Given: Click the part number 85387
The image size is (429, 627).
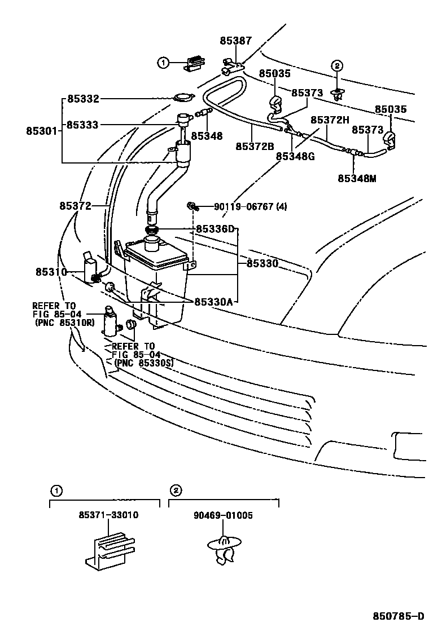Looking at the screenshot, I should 236,41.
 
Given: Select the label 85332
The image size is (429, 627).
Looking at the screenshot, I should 83,99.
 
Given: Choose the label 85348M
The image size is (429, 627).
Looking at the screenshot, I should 357,178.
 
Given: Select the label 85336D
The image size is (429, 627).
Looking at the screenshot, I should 214,229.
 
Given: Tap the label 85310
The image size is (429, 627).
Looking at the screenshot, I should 51,272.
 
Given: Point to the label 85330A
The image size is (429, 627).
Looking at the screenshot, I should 214,302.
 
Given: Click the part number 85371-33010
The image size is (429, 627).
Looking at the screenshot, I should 109,515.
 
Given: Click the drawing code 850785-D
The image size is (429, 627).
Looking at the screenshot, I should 397,616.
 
